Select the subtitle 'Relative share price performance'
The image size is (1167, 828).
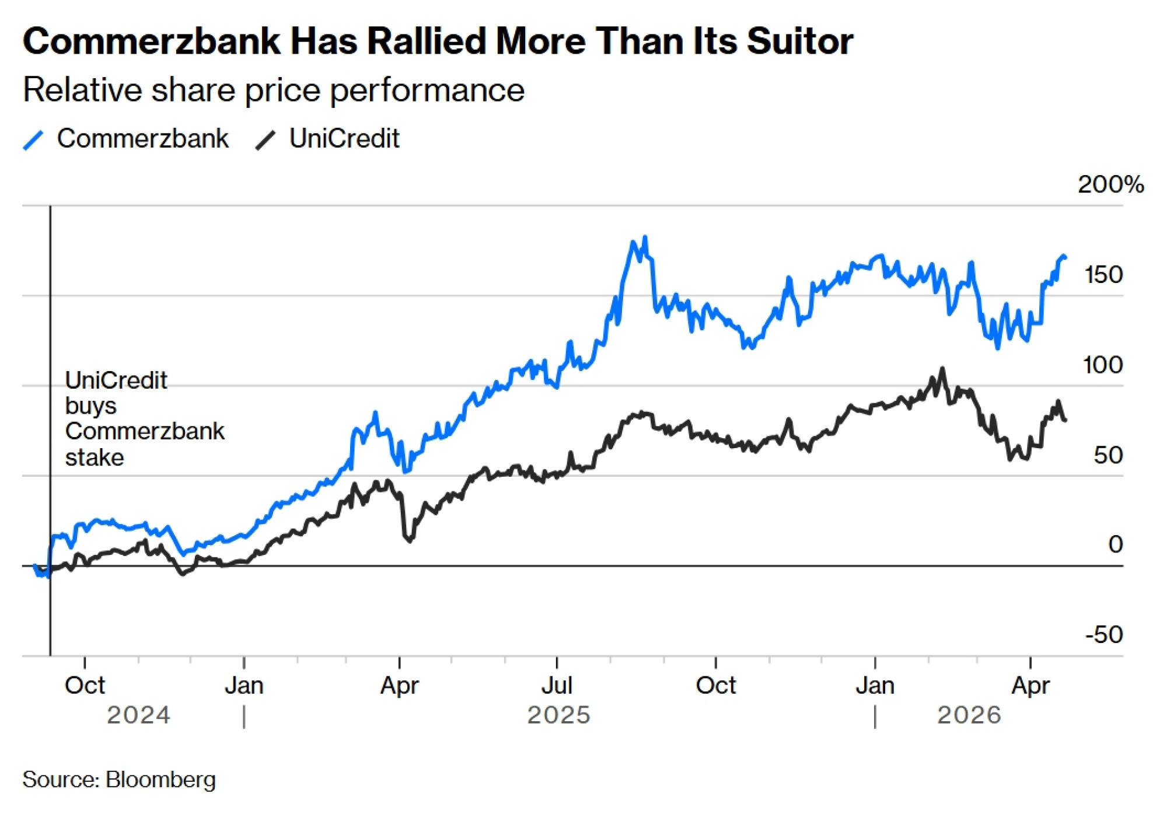(x=274, y=90)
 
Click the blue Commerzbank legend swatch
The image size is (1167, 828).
(x=33, y=140)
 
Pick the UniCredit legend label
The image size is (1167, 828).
(x=344, y=139)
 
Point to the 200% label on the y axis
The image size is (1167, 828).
(x=1110, y=184)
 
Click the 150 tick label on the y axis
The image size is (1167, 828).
(x=1103, y=275)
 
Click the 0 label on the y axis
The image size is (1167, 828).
(x=1115, y=544)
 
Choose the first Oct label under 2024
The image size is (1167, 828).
(x=85, y=686)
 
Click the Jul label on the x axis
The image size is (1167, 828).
(x=557, y=686)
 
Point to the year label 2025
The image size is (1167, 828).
(x=558, y=715)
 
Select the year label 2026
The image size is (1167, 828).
(x=969, y=715)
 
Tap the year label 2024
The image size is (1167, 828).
(x=138, y=715)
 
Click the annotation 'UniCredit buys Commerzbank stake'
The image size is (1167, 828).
(x=144, y=419)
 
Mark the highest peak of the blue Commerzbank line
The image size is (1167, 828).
(x=645, y=237)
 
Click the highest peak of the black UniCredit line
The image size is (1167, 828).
(x=942, y=369)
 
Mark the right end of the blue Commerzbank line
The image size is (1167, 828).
(x=1065, y=257)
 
